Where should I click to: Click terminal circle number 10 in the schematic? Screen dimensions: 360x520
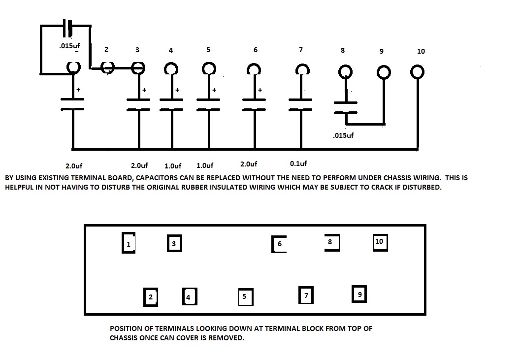pos(417,72)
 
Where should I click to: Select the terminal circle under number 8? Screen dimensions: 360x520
pos(345,72)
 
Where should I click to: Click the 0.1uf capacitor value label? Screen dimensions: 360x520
pos(298,164)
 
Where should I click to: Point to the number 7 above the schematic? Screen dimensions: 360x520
pos(300,50)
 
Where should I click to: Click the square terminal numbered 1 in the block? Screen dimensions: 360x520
pos(129,243)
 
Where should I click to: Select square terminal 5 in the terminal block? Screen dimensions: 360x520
pos(245,297)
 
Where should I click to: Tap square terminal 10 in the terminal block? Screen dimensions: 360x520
pos(379,242)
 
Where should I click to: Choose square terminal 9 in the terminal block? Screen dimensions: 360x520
pos(359,294)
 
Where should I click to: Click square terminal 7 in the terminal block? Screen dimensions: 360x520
pos(306,295)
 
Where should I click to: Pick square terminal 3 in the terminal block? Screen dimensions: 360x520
pos(174,243)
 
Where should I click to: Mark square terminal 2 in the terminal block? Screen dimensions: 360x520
pos(150,296)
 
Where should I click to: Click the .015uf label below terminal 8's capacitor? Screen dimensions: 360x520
pos(343,135)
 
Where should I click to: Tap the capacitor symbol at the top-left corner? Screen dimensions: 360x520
pos(68,27)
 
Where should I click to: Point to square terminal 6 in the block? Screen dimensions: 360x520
pos(279,244)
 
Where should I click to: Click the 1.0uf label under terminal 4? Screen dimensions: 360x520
pos(172,165)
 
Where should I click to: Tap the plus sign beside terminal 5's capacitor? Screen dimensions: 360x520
pos(214,91)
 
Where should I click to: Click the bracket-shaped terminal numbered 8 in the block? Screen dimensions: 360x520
pos(331,242)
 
